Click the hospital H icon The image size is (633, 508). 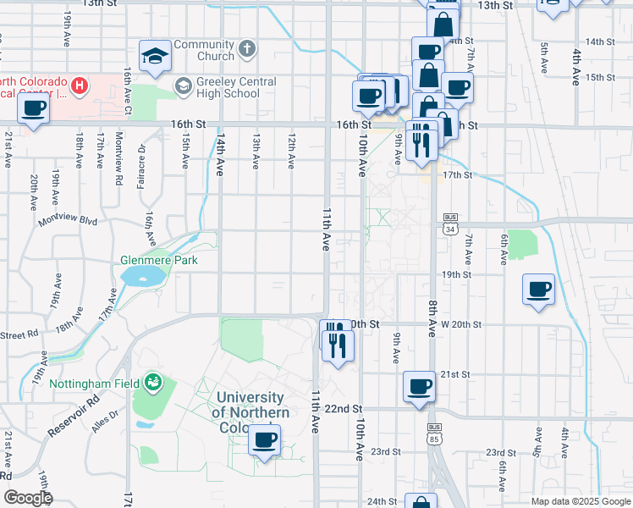coord(80,85)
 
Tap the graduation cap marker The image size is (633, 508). coord(154,56)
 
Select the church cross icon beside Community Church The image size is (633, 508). coord(246,49)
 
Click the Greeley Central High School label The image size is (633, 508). coord(228,87)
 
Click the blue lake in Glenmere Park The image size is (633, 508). coord(143,275)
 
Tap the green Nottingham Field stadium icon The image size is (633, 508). coord(152,383)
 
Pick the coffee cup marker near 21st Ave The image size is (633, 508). coord(34,108)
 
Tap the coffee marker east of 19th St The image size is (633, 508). coord(539,290)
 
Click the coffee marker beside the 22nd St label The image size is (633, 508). coord(419,388)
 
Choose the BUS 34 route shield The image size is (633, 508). coord(449,229)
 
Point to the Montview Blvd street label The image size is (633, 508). coord(69,222)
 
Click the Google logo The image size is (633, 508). coord(28,498)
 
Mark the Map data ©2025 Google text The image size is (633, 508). coord(580,501)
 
